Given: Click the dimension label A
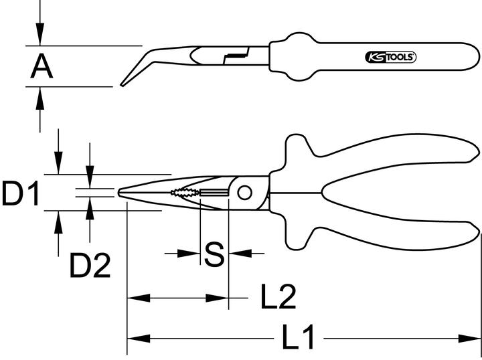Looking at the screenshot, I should coord(42,66).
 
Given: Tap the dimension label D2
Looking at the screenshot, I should coord(90,266).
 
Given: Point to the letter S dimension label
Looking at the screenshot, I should coord(214,254).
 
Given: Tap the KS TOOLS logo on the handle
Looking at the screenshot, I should coord(392,58).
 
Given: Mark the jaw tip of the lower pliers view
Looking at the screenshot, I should coord(120,193).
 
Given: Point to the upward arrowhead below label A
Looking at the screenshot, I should coord(41,96).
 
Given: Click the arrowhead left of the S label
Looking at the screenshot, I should coord(192,254).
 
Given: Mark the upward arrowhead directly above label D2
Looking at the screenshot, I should coord(90,215).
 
